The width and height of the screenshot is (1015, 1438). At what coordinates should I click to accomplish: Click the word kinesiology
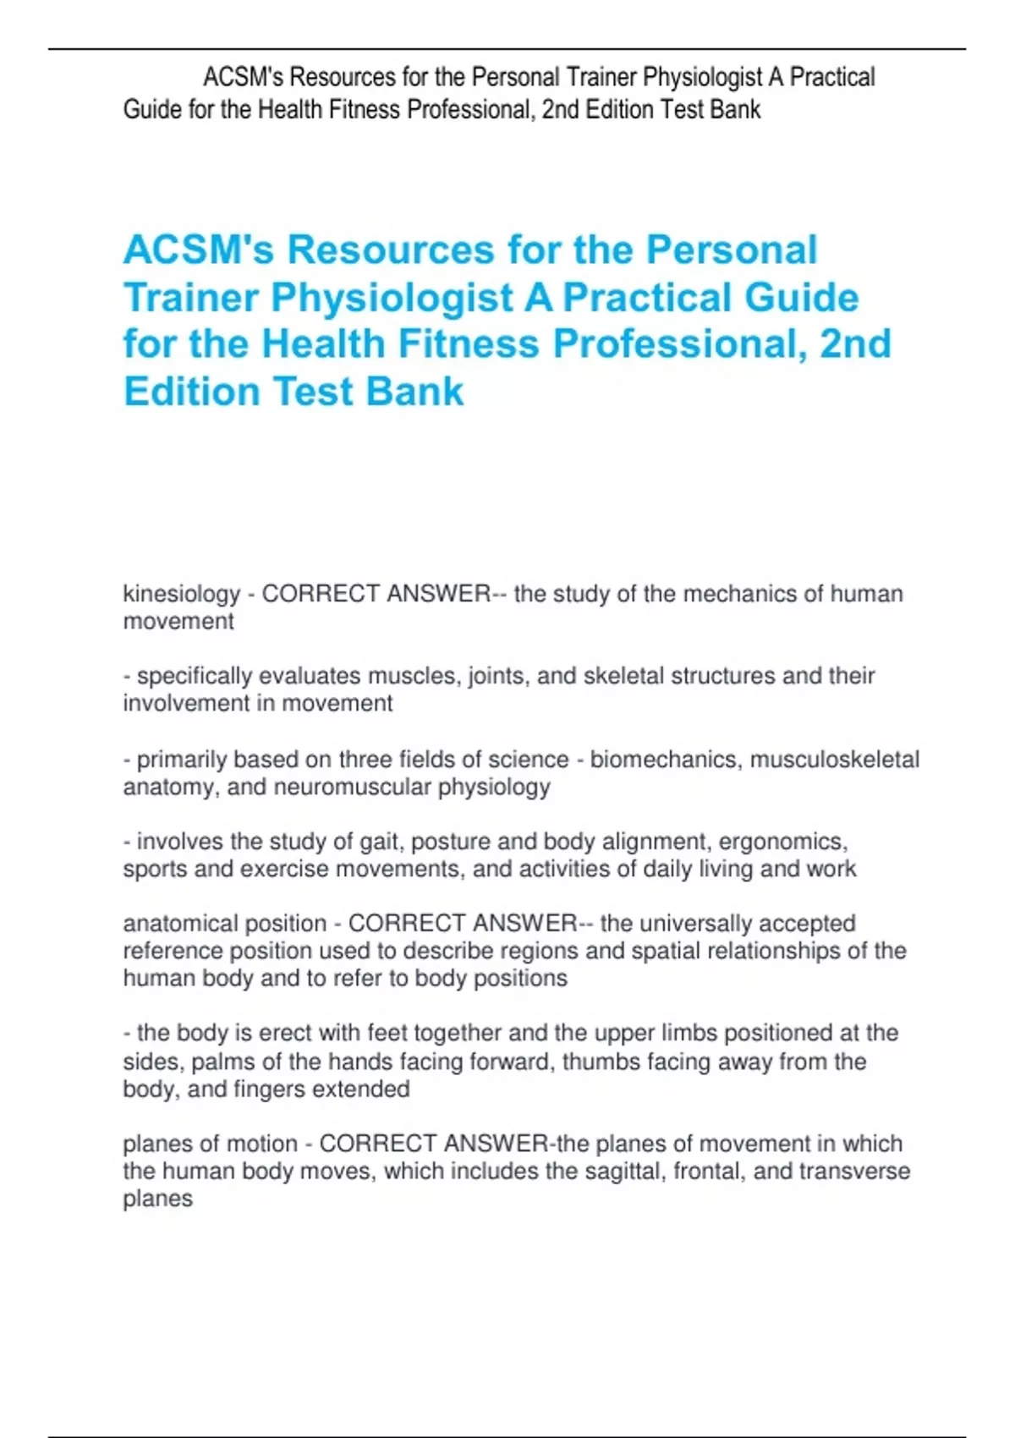tap(182, 594)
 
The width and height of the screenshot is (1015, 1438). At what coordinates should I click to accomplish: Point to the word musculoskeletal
tap(834, 760)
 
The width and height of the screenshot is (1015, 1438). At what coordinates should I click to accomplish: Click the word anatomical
tap(182, 923)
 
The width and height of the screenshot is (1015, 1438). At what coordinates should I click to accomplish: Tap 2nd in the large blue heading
tap(855, 344)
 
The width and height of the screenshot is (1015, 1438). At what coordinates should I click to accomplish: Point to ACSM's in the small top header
tap(244, 78)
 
